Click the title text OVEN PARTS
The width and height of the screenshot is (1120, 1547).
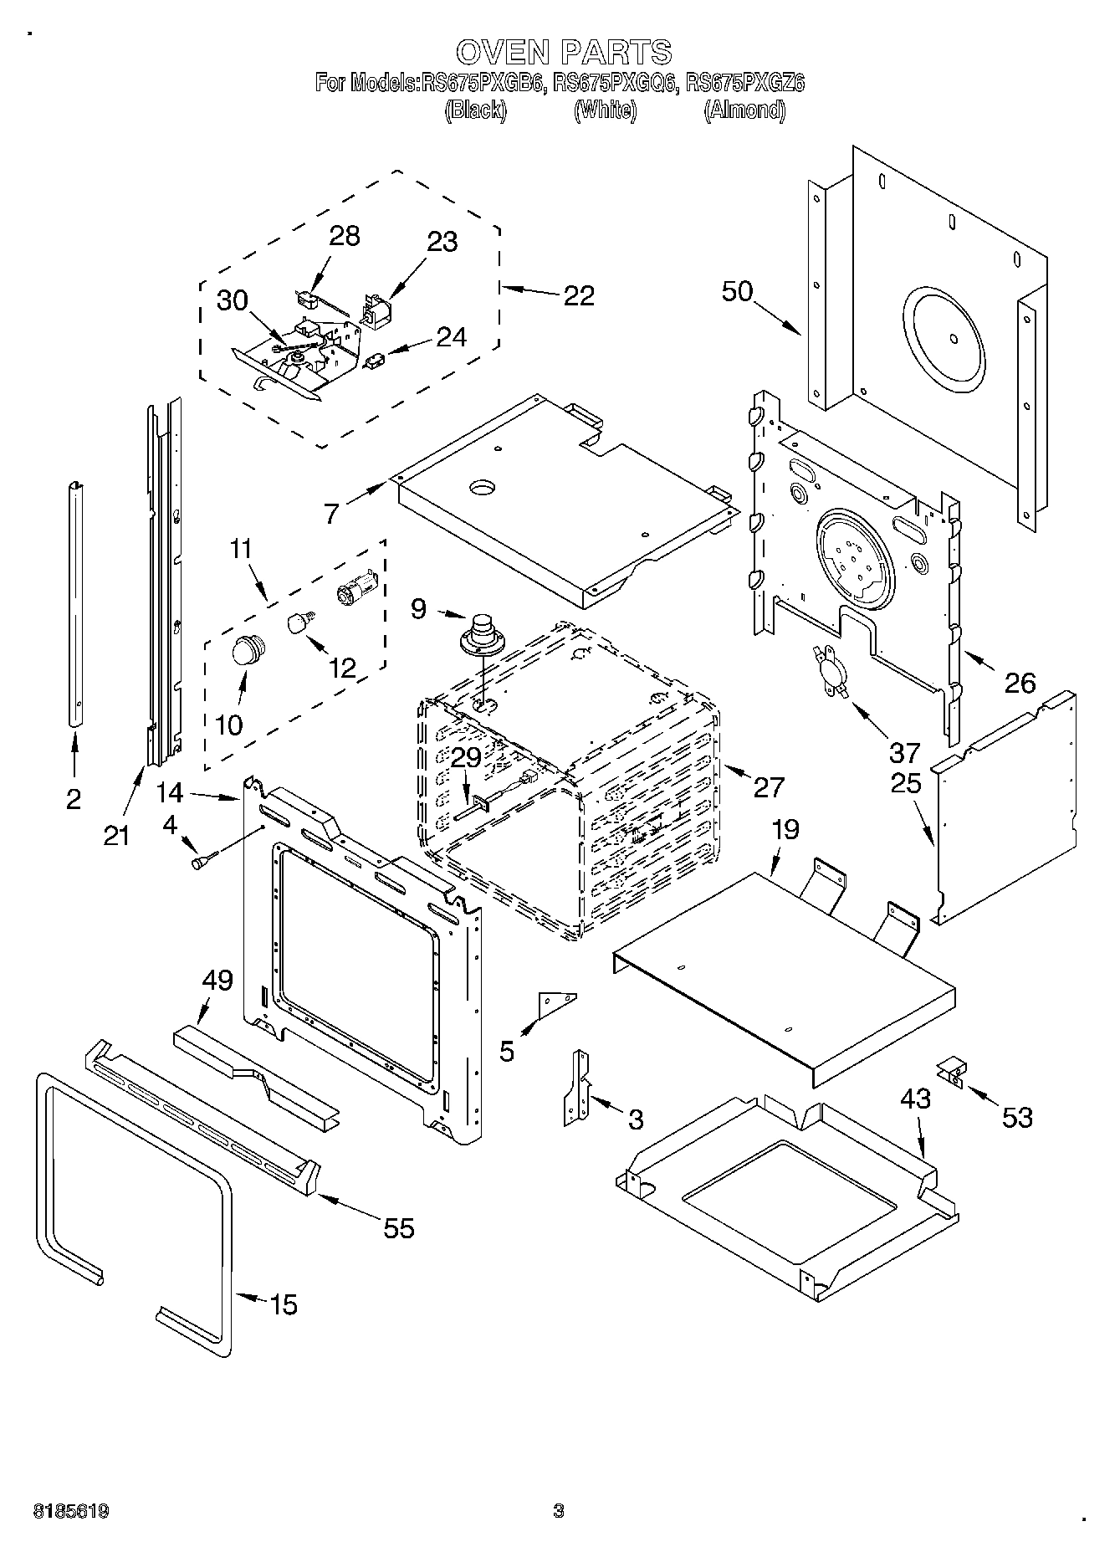point(563,52)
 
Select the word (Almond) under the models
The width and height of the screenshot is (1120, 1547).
point(744,110)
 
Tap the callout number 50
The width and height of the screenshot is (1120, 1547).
point(737,292)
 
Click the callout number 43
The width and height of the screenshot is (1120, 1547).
point(916,1099)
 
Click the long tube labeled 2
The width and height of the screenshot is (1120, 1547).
point(75,602)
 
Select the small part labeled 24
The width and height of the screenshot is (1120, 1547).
point(374,360)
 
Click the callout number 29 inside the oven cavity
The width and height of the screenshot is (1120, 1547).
point(466,758)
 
